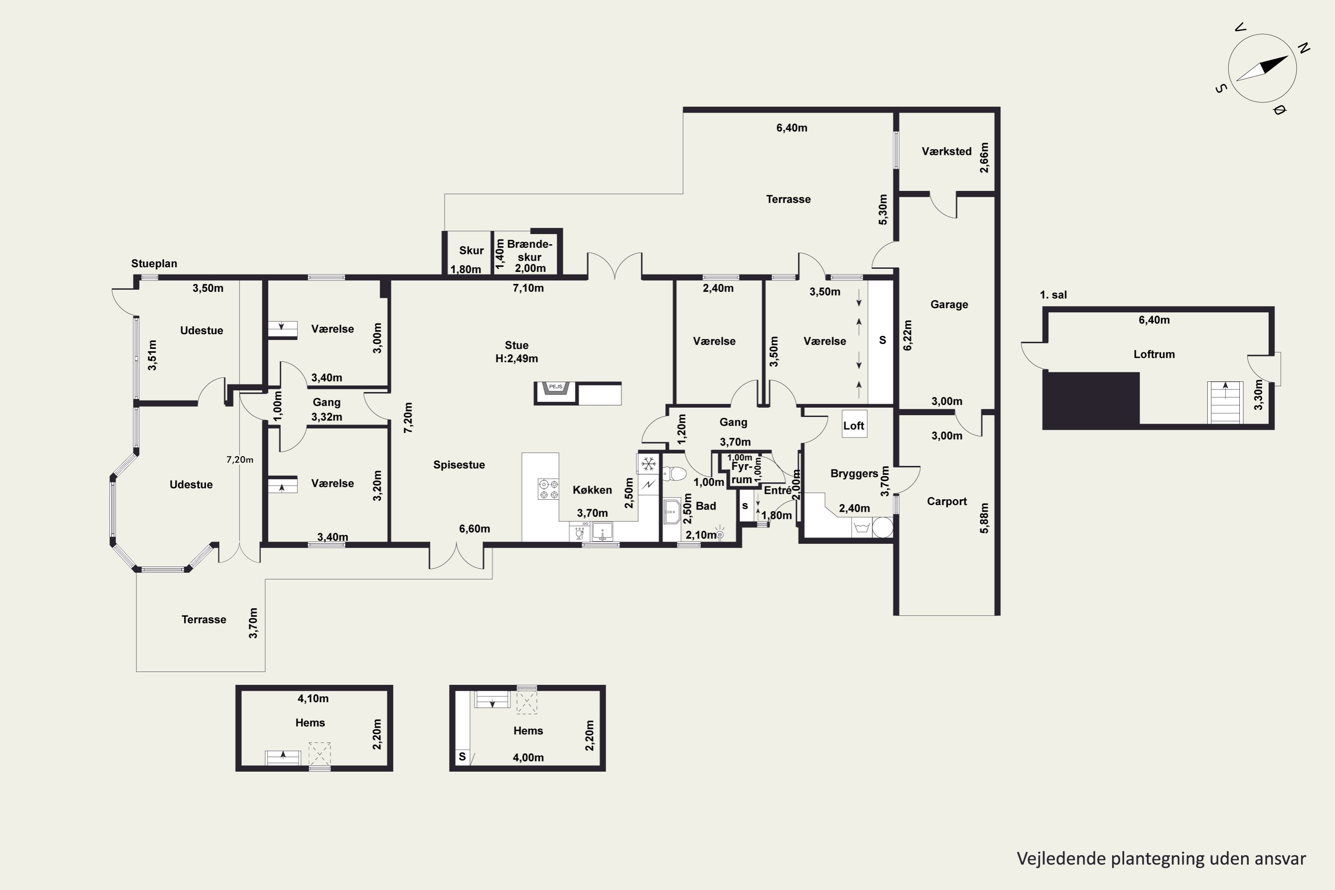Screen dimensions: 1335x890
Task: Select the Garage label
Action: pyautogui.click(x=949, y=305)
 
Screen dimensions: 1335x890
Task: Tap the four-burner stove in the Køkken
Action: pyautogui.click(x=548, y=489)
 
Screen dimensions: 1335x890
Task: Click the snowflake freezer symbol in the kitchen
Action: pyautogui.click(x=648, y=464)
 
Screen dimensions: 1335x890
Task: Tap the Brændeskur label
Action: pyautogui.click(x=530, y=250)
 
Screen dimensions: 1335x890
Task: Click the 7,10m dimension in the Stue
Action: pyautogui.click(x=528, y=288)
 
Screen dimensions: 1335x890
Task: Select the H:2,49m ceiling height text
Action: pyautogui.click(x=517, y=359)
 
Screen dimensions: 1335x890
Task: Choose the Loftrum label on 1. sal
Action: pyautogui.click(x=1154, y=354)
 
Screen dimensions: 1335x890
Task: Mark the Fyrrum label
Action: pyautogui.click(x=742, y=473)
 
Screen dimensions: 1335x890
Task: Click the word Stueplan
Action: pyautogui.click(x=154, y=264)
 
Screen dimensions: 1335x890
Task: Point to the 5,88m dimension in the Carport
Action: pyautogui.click(x=984, y=518)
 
